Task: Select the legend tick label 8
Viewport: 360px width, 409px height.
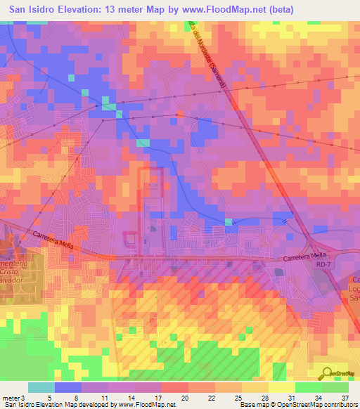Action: (x=76, y=397)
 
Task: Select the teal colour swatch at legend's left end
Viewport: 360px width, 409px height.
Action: (x=41, y=387)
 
